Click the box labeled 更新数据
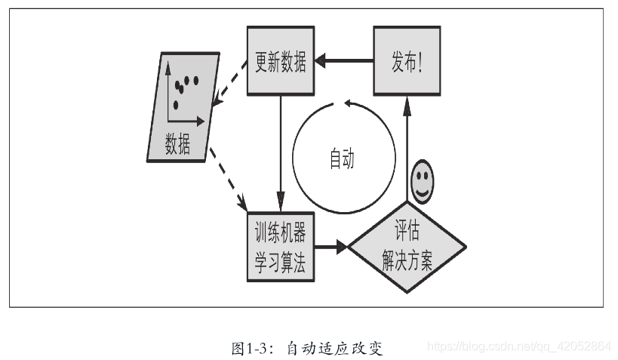pos(280,62)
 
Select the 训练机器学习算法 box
pos(280,246)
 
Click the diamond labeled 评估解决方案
pos(407,246)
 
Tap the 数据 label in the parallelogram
pos(177,143)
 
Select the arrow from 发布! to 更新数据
pos(343,61)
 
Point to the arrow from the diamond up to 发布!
pos(407,151)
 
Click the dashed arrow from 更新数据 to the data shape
pos(231,85)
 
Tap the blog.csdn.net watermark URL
pos(519,346)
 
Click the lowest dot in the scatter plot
pos(176,105)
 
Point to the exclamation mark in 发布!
pos(427,62)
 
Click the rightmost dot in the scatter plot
pos(196,80)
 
